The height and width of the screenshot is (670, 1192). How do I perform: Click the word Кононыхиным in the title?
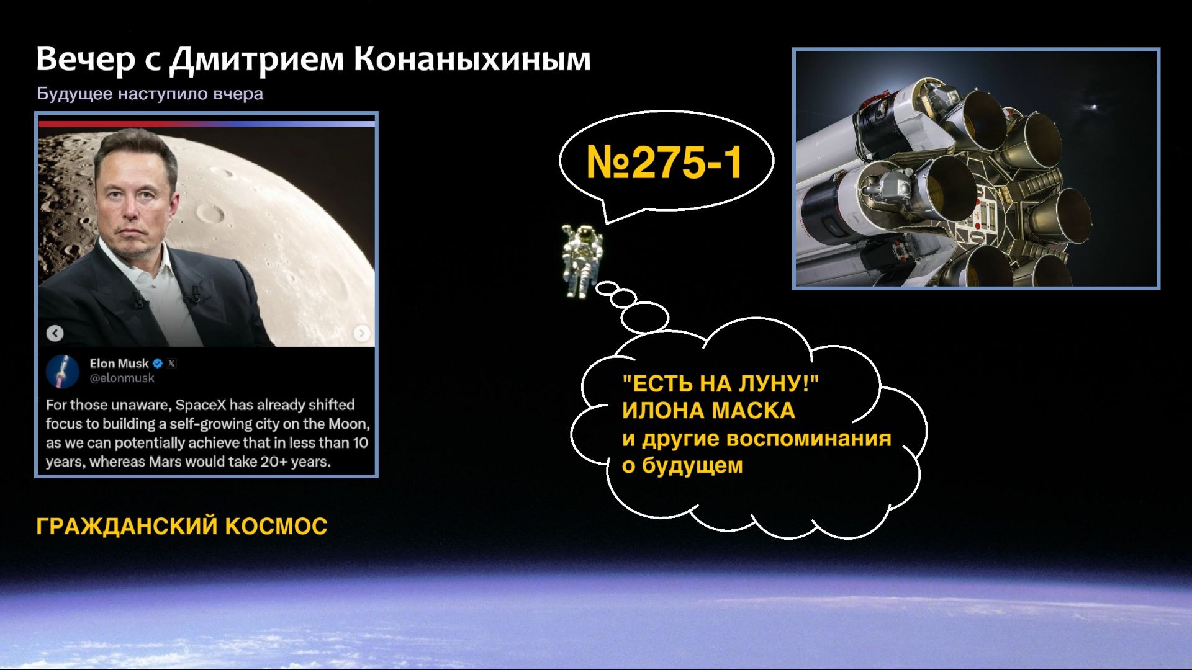[472, 60]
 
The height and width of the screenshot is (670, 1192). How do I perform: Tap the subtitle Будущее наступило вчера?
[150, 94]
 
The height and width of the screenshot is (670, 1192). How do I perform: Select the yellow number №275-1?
[664, 163]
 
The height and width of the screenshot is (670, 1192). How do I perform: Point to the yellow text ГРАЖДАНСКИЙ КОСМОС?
[181, 526]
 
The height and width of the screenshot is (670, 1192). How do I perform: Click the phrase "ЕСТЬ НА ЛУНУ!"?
[720, 383]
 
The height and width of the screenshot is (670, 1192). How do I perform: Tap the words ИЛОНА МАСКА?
[708, 411]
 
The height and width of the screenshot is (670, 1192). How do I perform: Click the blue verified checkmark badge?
[158, 364]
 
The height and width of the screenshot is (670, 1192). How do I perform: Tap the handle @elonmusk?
[122, 378]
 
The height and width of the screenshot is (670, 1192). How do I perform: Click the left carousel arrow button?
[55, 333]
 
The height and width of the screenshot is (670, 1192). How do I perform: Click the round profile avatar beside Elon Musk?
[63, 371]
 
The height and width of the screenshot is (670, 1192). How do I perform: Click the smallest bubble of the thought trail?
[607, 288]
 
